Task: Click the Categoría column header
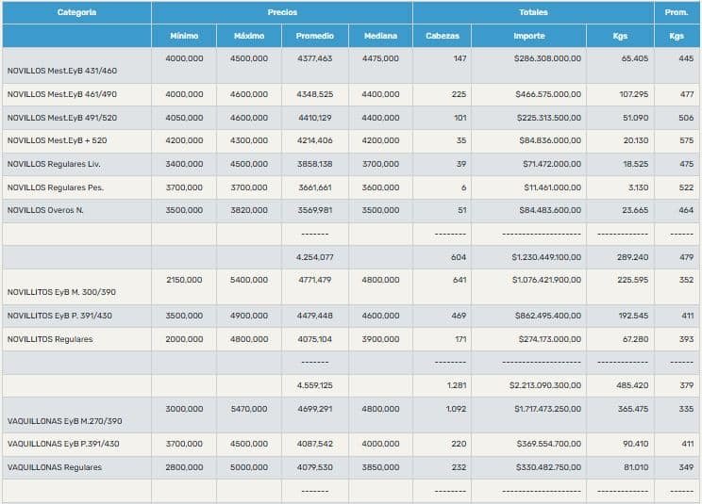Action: click(x=76, y=12)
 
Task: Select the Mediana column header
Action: click(x=380, y=36)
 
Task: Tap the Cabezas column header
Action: click(x=443, y=36)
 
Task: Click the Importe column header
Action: click(x=529, y=36)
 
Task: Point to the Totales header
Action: click(x=533, y=12)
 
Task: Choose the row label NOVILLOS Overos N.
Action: click(x=45, y=210)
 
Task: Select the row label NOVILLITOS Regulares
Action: click(x=50, y=339)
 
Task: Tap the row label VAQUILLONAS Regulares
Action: click(x=54, y=467)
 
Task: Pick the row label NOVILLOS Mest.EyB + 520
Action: click(x=57, y=140)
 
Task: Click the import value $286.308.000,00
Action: click(x=548, y=58)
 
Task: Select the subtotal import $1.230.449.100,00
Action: click(x=546, y=256)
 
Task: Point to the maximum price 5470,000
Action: click(x=249, y=410)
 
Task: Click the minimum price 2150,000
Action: click(x=184, y=280)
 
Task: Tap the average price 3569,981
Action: click(x=314, y=210)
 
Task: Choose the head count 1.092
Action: click(x=456, y=410)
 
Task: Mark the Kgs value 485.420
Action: click(x=632, y=385)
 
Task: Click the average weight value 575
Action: click(x=686, y=140)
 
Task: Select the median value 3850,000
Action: click(x=380, y=467)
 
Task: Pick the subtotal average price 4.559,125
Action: click(x=314, y=385)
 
